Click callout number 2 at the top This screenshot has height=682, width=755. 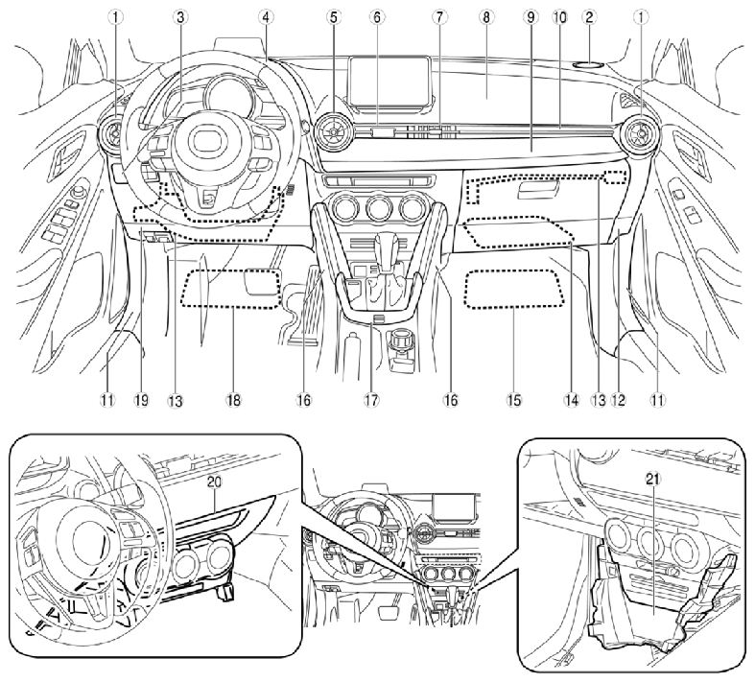588,18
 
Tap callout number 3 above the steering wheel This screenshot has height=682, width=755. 180,18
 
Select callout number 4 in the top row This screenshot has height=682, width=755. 266,18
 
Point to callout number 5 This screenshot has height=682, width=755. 332,18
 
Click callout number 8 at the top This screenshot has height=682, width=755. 486,18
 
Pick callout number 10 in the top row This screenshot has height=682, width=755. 560,18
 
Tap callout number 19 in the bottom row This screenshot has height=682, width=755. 142,399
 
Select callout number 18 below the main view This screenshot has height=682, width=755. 233,399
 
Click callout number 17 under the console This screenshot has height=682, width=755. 371,399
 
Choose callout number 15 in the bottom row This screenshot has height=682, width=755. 514,399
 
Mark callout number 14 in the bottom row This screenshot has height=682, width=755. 572,399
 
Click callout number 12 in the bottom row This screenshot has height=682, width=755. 618,399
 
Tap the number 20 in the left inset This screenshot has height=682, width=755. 214,482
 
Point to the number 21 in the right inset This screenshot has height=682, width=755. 654,478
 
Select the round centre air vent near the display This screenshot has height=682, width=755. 333,129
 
